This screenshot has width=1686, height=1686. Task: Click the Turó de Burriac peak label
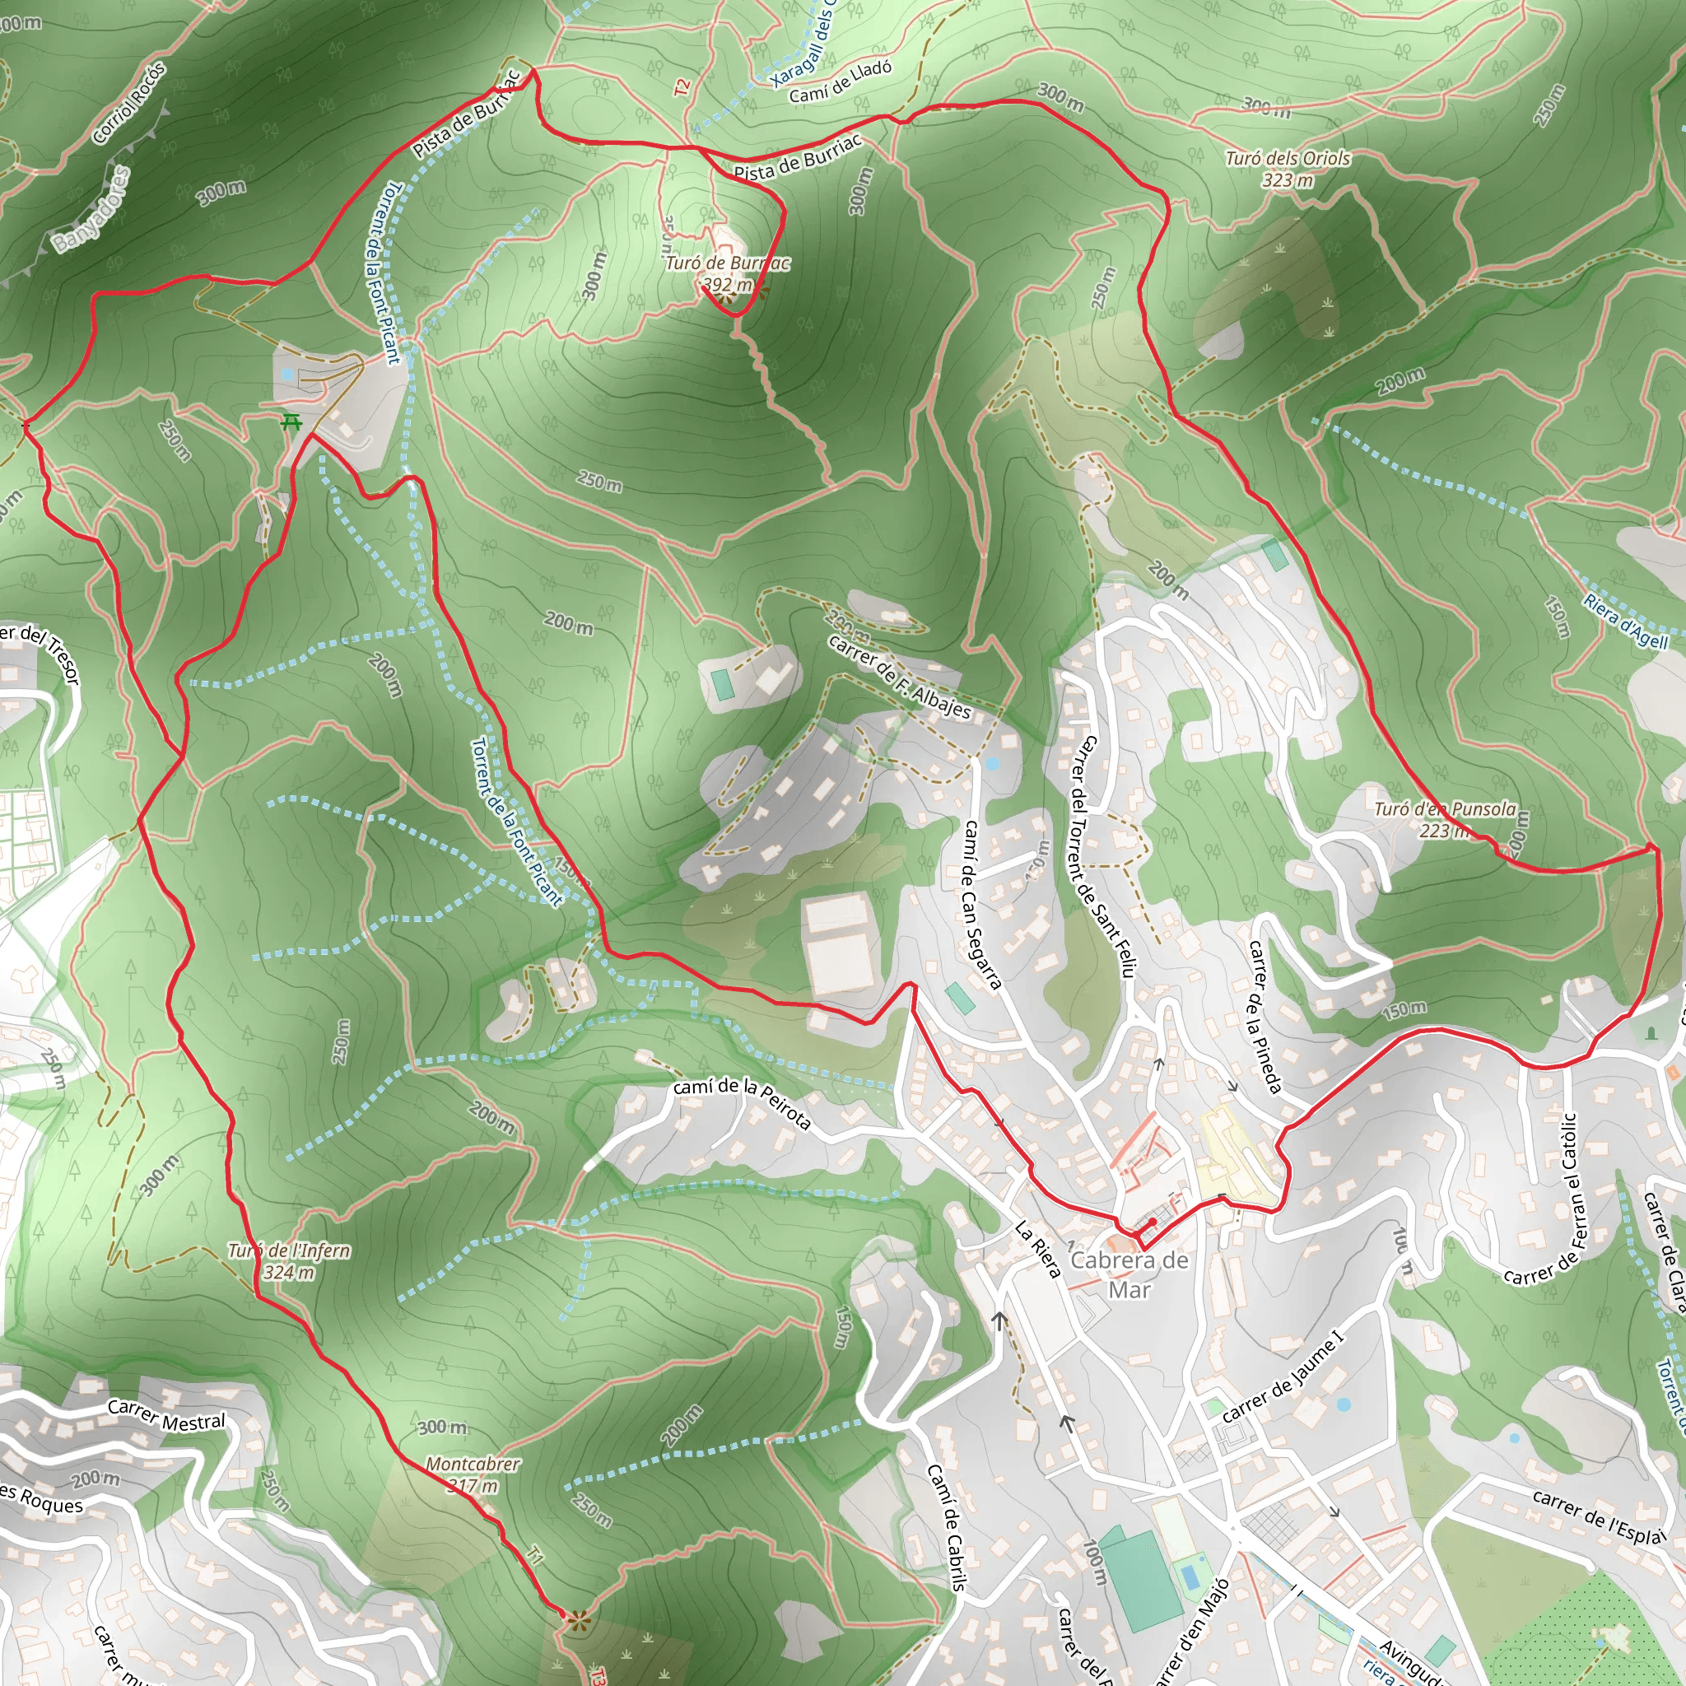click(x=727, y=273)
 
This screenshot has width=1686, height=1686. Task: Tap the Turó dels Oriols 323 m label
click(x=1288, y=170)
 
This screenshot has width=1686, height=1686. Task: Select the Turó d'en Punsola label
click(x=1444, y=818)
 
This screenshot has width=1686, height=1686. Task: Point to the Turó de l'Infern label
click(x=289, y=1261)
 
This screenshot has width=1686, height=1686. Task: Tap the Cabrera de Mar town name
click(x=1129, y=1275)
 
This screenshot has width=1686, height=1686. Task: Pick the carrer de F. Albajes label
click(x=899, y=677)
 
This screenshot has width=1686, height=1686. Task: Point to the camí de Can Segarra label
click(x=982, y=903)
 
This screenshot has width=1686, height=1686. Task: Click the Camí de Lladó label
click(x=841, y=82)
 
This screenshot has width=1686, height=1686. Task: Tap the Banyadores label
click(x=91, y=209)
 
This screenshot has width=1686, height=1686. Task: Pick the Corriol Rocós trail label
click(x=128, y=103)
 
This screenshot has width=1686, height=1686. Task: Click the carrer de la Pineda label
click(x=1264, y=1016)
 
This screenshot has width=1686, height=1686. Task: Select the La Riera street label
click(x=1037, y=1249)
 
